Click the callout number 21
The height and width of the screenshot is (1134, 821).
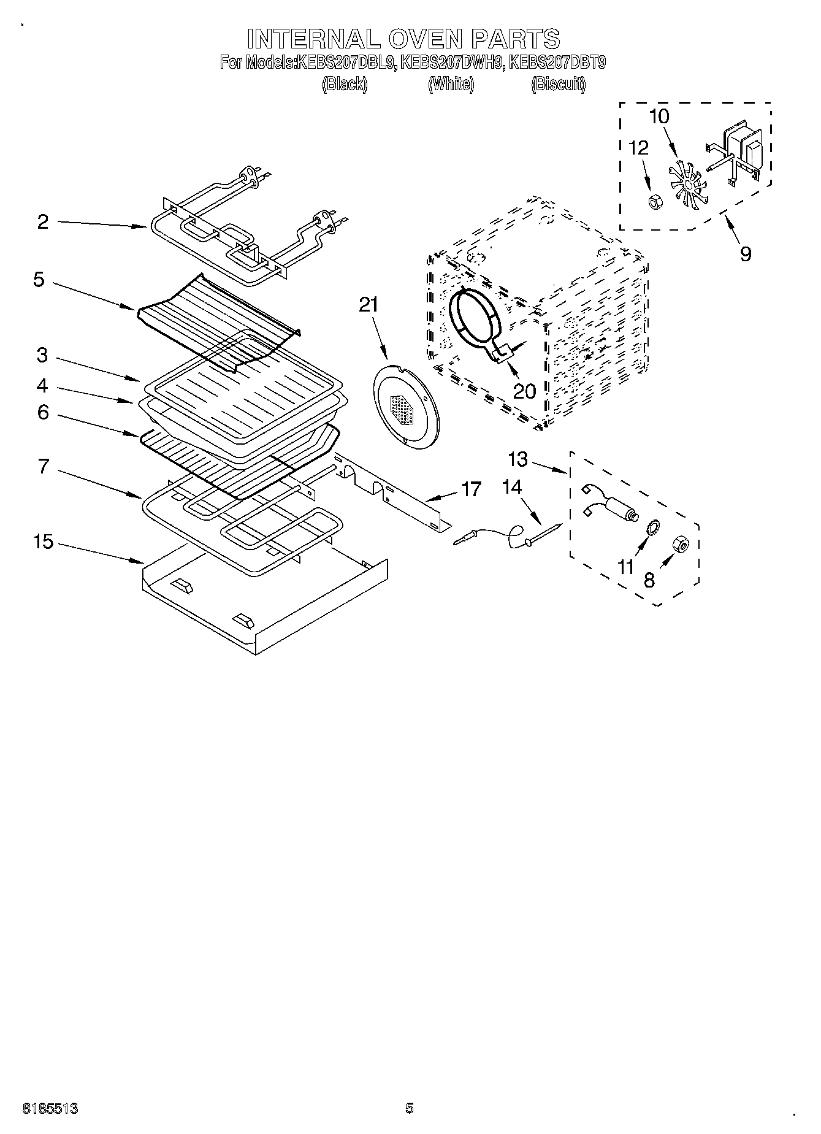point(368,305)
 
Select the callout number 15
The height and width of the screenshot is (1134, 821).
point(44,542)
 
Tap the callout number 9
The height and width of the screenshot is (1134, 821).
point(746,253)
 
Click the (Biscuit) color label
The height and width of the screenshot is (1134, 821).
point(558,84)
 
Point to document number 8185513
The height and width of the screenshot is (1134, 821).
point(50,1108)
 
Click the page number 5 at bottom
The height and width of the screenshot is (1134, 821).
point(410,1108)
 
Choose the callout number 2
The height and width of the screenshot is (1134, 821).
point(42,221)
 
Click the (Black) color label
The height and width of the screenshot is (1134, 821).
point(345,84)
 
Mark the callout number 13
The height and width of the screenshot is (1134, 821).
point(518,459)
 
